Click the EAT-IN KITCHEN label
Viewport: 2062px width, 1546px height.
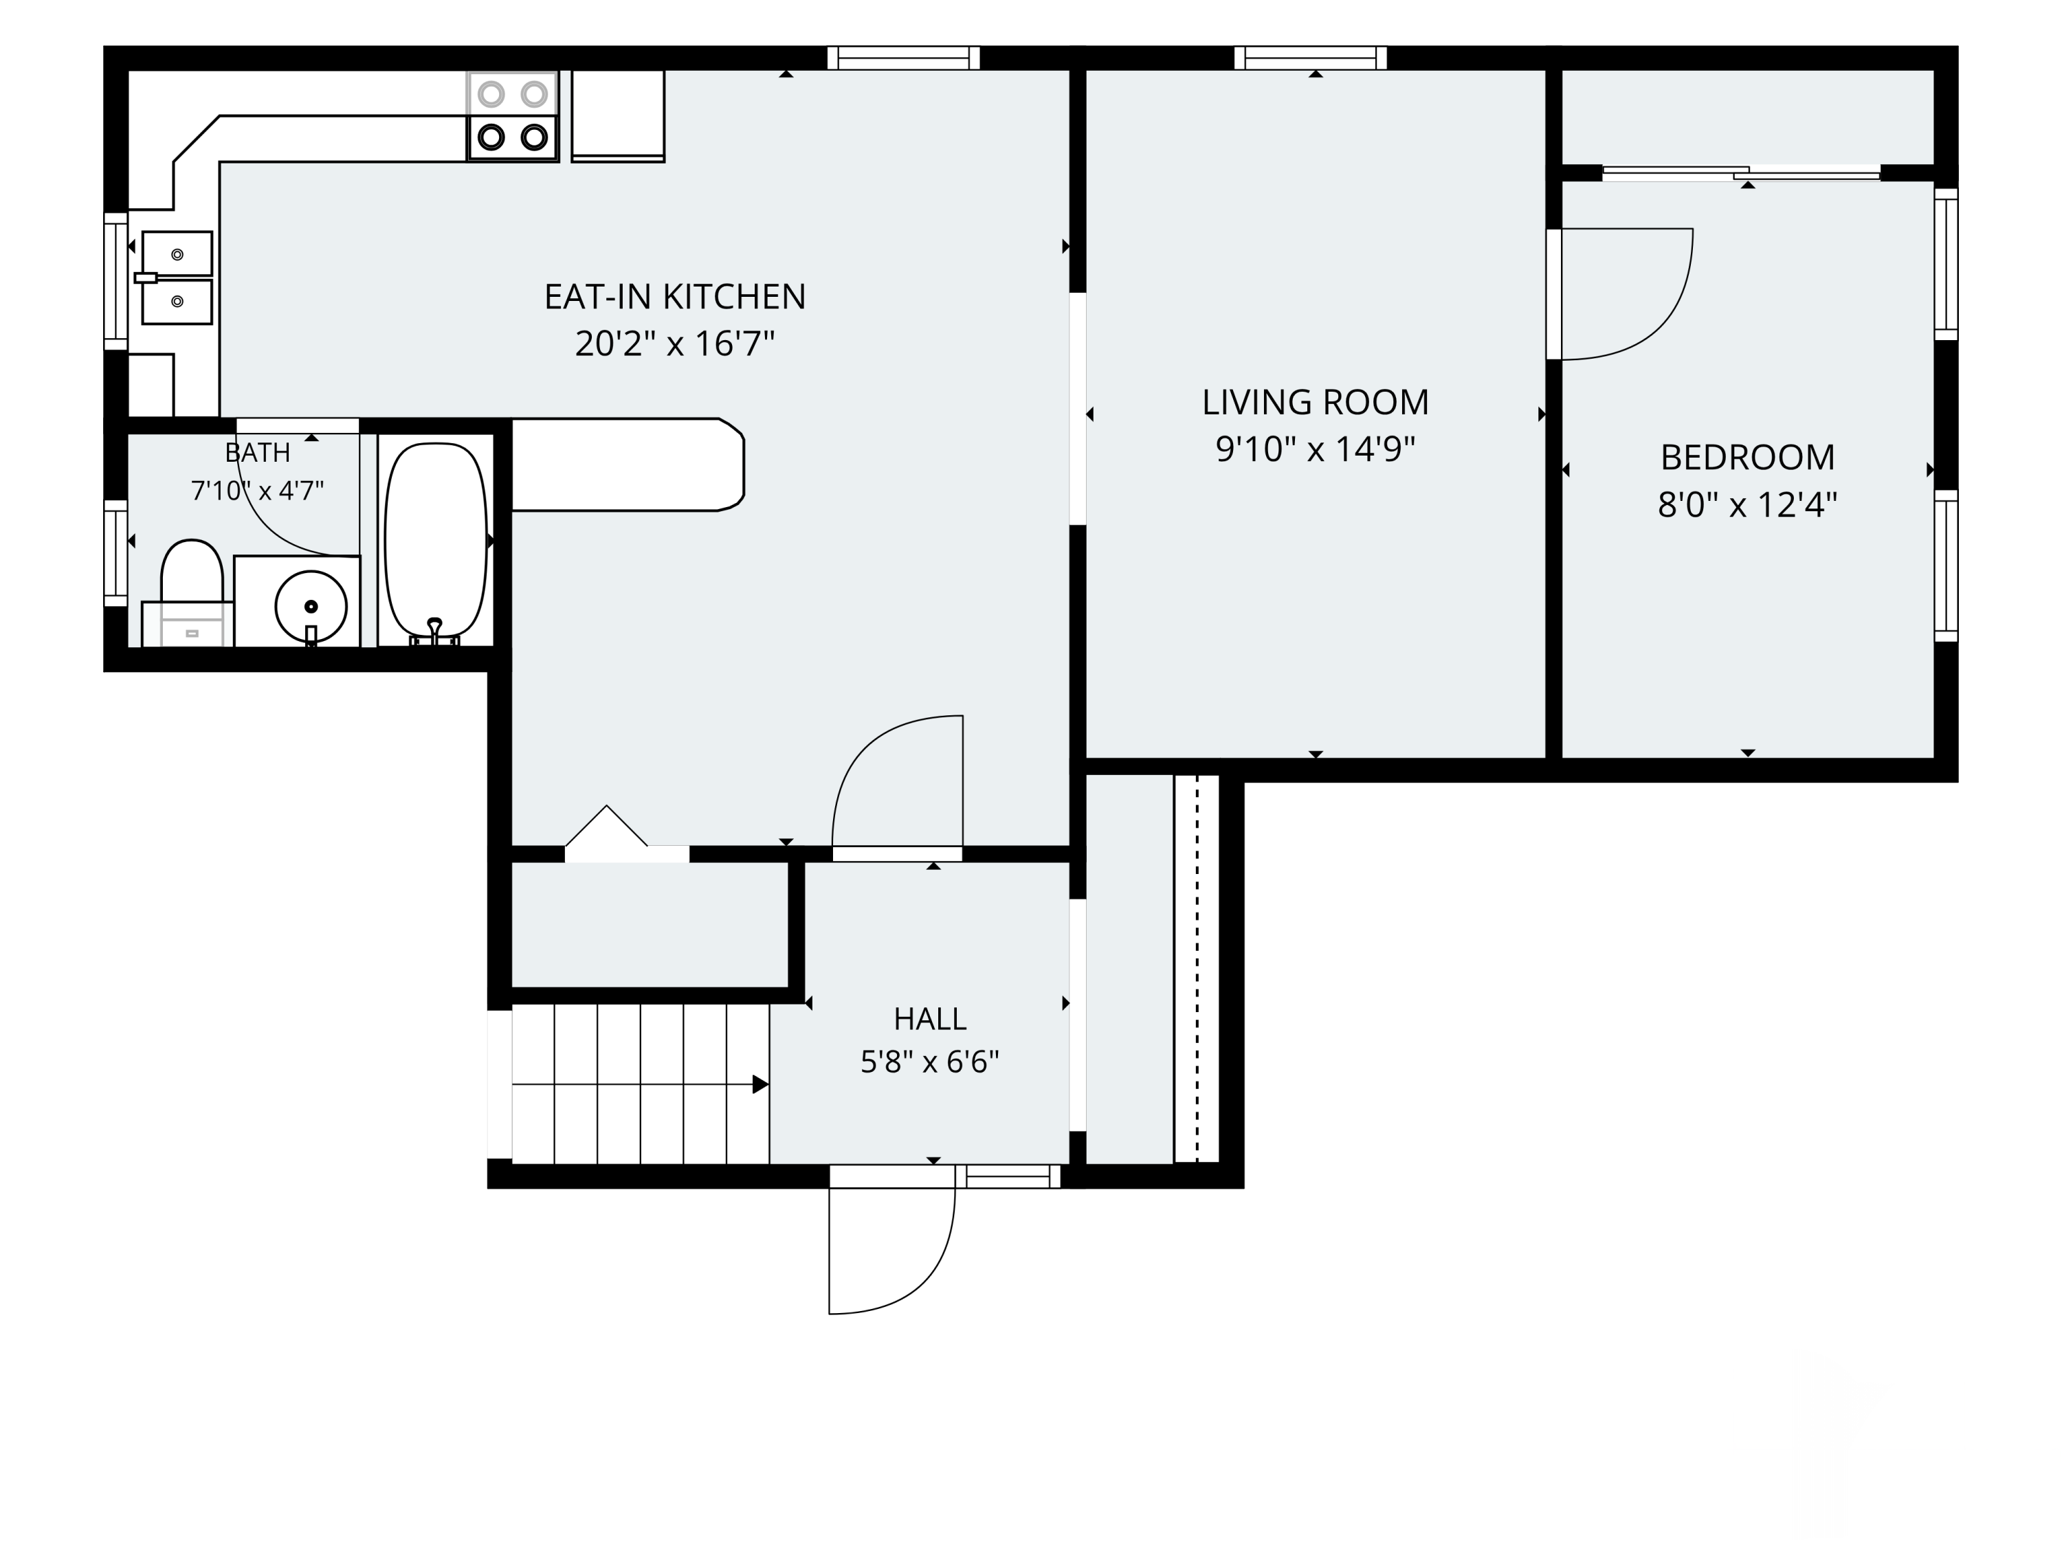click(x=675, y=296)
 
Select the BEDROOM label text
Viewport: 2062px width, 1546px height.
click(x=1747, y=457)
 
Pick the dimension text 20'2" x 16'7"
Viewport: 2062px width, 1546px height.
click(x=675, y=344)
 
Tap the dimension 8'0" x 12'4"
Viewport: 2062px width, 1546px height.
click(x=1747, y=505)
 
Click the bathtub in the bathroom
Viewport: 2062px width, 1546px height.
click(x=435, y=541)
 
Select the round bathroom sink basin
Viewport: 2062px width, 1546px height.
click(x=311, y=607)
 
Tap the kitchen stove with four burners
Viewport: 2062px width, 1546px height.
click(x=512, y=115)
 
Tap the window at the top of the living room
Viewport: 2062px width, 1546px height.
click(x=1310, y=58)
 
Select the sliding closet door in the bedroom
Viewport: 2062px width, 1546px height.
click(x=1740, y=173)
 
